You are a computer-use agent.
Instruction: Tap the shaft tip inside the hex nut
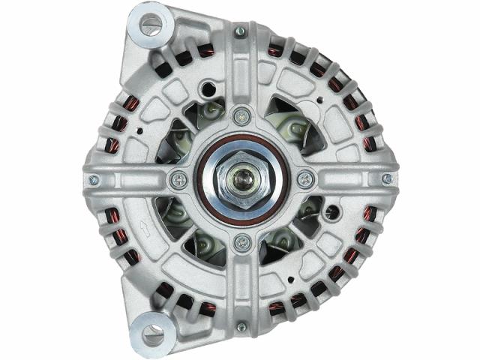pos(241,180)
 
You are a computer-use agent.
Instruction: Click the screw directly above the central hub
pos(240,115)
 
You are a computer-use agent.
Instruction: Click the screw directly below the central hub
pos(240,242)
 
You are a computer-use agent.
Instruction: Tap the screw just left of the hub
pos(178,179)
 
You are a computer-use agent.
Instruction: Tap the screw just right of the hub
pos(304,180)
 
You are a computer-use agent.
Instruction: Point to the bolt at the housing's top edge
pos(240,31)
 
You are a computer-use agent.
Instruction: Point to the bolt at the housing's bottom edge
pos(241,328)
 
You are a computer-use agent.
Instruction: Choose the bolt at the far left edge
pos(94,180)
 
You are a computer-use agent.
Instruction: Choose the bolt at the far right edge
pos(387,178)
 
